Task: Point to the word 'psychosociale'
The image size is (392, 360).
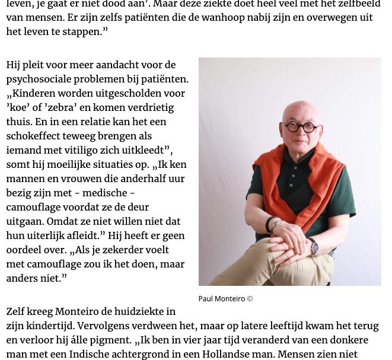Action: [x=43, y=79]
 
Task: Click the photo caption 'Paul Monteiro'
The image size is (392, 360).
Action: [x=221, y=298]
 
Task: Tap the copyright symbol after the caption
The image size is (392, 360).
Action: [x=250, y=298]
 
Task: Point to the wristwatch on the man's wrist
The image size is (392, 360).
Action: [x=313, y=246]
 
